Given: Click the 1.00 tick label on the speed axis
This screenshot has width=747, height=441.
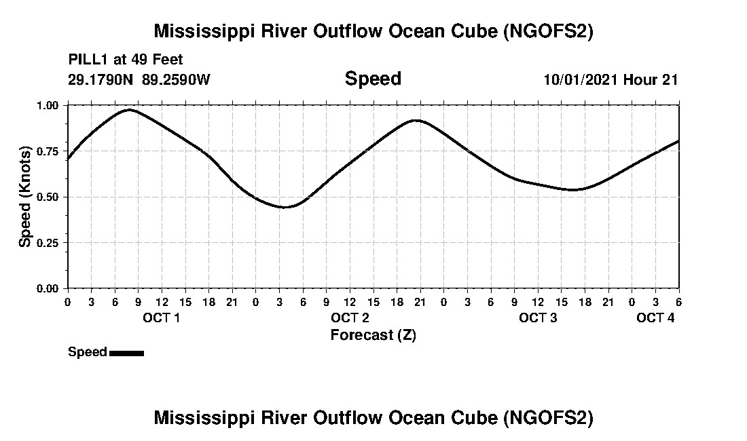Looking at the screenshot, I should pos(48,105).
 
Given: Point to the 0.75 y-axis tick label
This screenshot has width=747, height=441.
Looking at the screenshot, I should pos(48,151).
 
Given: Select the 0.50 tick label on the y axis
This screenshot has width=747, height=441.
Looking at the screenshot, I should pos(48,197).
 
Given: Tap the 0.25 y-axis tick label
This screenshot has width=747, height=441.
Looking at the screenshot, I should pos(48,243).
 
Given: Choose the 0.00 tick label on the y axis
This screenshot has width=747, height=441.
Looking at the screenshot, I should pos(48,288).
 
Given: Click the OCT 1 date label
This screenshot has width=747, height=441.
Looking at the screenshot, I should pos(161,318).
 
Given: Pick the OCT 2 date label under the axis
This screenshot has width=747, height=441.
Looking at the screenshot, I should pos(350,318).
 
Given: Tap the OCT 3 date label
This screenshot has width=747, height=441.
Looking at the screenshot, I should pos(538,318).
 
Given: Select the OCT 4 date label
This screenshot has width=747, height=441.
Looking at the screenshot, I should pos(655,318).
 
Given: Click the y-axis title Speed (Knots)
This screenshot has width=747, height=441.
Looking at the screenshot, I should pos(25,197).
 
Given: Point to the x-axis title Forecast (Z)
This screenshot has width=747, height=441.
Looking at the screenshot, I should pos(373,334).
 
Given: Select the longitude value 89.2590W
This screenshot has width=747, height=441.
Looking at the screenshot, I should pos(177,79).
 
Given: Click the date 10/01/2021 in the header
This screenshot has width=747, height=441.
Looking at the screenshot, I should pos(581,79).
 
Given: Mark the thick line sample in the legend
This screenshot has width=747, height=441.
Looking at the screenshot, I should pos(126,352).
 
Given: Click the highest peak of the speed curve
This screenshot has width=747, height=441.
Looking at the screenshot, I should pos(129,109).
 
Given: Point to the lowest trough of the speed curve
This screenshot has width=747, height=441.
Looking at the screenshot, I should pos(285,207).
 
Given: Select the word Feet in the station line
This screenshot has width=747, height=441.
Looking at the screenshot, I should pos(166,60).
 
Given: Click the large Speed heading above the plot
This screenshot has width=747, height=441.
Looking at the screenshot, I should pos(373,79).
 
